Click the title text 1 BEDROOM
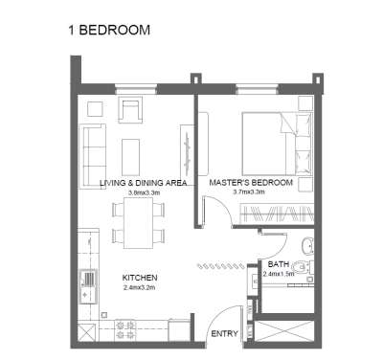pos(108,30)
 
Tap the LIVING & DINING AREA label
pos(144,182)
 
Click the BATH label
pos(279,264)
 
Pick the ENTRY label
pos(224,333)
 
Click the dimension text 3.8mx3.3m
pos(144,191)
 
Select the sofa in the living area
pos(94,150)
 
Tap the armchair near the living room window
pos(130,110)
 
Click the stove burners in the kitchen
pos(124,328)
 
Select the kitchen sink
pos(89,284)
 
